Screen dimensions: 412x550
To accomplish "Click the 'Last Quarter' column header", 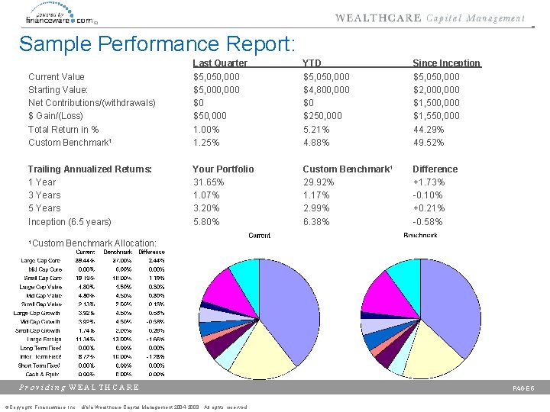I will click(x=220, y=63).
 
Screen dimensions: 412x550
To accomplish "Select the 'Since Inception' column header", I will click(x=446, y=63).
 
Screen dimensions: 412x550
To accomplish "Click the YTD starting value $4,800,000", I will click(x=326, y=90).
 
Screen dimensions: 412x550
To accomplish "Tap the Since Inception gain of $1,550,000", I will click(x=436, y=116).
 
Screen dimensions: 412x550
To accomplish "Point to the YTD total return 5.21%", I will click(x=316, y=129).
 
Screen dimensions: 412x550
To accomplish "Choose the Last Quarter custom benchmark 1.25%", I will click(x=206, y=143).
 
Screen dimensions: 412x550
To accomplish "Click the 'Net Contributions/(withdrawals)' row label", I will click(x=91, y=103).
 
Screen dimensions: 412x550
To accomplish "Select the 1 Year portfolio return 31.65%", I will click(x=209, y=182).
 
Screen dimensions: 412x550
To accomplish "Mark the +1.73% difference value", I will click(x=429, y=182).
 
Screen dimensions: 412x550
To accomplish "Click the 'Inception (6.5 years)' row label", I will click(x=69, y=222).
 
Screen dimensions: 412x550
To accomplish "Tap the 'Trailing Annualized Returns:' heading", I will click(x=89, y=169).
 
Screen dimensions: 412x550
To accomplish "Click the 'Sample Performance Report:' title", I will click(x=157, y=43).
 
